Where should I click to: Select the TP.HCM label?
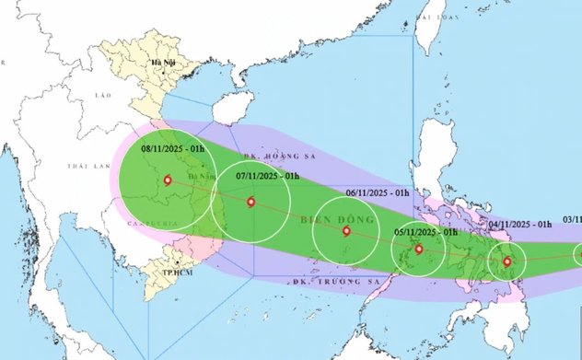point(166,273)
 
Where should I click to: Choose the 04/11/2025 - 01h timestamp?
point(520,224)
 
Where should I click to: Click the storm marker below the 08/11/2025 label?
point(167,180)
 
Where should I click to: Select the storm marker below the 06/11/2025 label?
point(346,231)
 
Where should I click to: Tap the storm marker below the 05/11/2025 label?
point(419,249)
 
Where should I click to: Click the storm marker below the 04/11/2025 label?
point(507,261)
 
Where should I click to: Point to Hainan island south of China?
point(230,110)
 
